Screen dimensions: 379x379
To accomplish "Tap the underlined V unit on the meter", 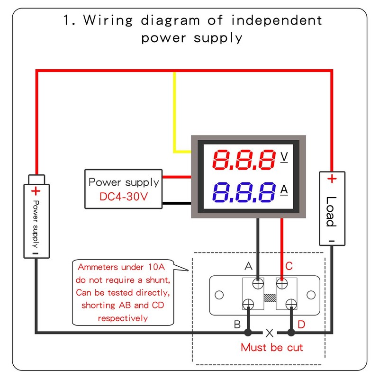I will (x=284, y=157).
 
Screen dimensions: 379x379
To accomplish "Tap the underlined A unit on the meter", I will (x=284, y=189).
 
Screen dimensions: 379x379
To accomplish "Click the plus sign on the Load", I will (x=332, y=179).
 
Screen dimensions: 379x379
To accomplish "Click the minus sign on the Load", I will (x=332, y=241).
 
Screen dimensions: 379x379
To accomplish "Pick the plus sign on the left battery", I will (x=36, y=191).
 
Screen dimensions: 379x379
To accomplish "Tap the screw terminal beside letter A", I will (x=259, y=284).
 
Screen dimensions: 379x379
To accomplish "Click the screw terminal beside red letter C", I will (x=282, y=284).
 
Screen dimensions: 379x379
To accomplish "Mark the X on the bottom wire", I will (x=270, y=333).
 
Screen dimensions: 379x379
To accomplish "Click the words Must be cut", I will (x=271, y=347).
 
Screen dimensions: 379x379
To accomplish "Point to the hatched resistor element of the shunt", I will (x=270, y=298).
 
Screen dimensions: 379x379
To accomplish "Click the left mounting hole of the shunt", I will (x=218, y=295).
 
